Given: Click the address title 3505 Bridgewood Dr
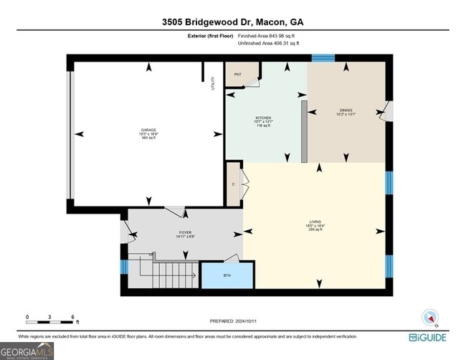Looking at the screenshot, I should (x=234, y=22).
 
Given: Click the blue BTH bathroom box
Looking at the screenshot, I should (x=227, y=275).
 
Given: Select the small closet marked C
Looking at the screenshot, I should (x=233, y=184).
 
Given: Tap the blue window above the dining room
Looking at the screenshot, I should (x=323, y=57).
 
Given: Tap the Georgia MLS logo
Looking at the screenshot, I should (x=27, y=350).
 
